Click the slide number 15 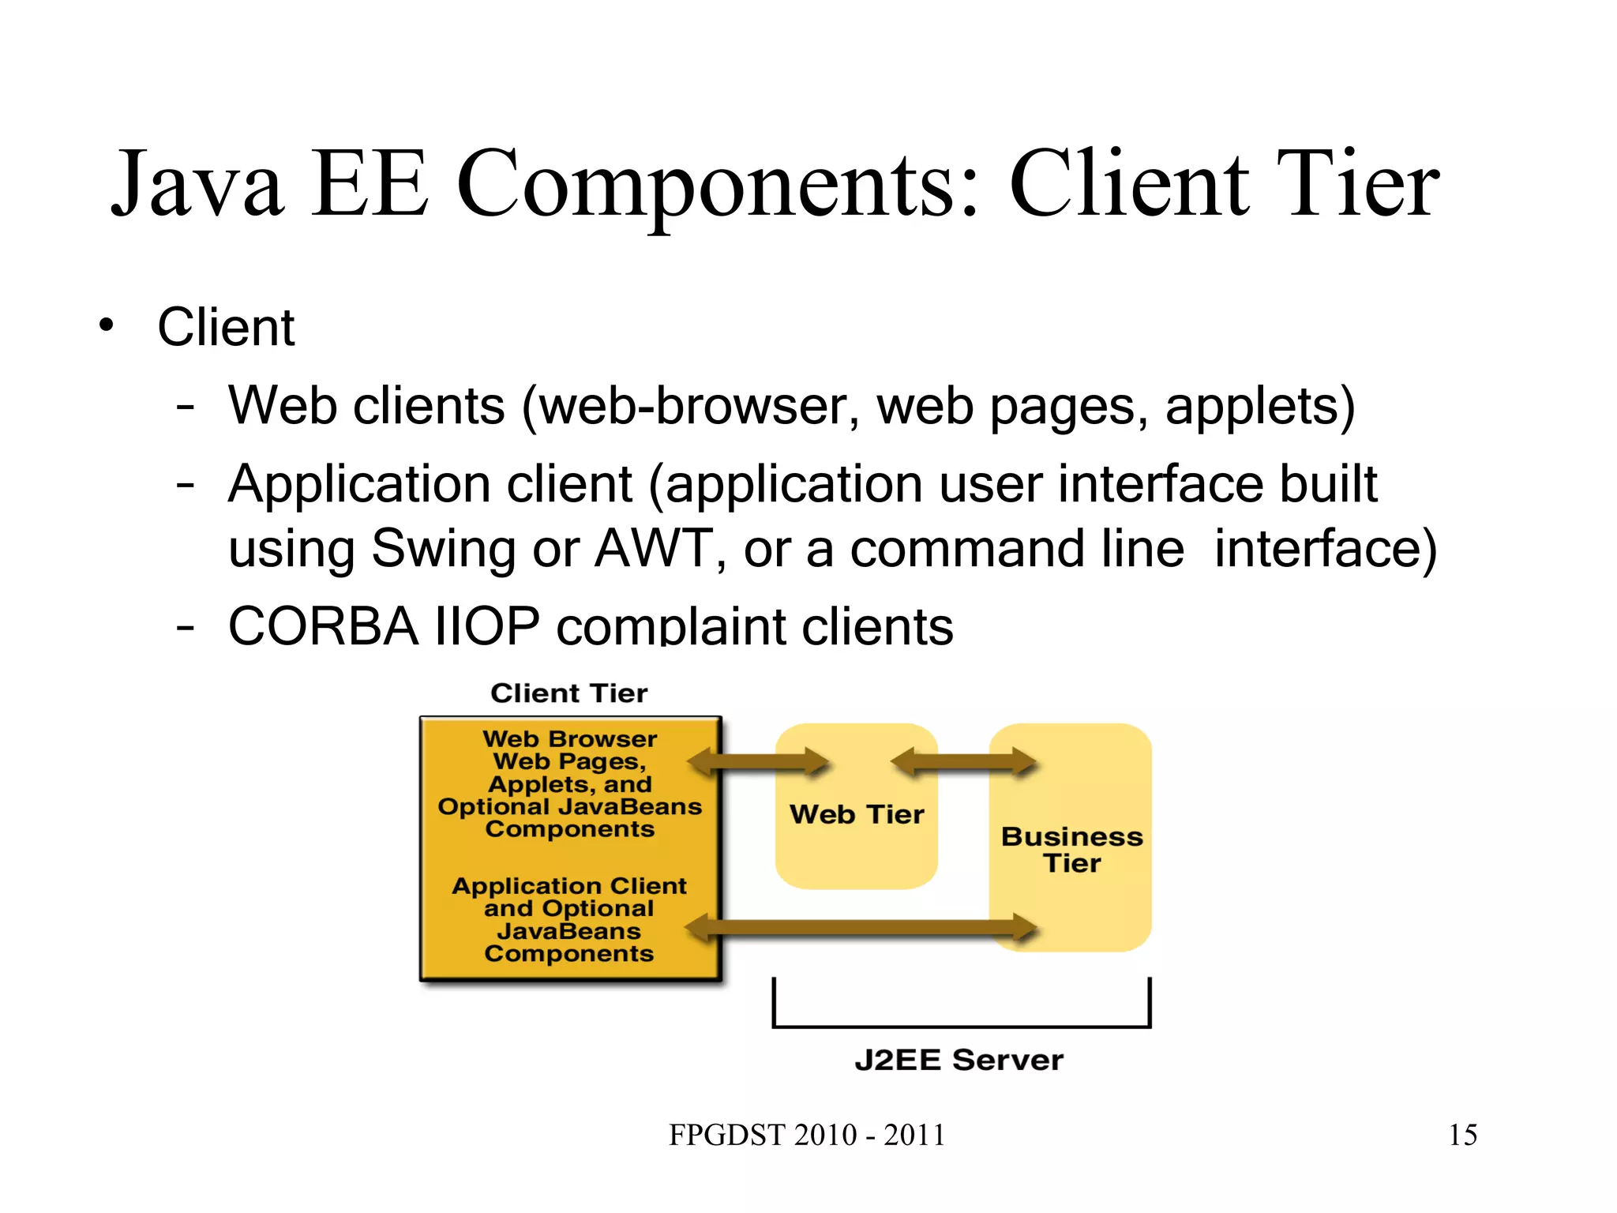tap(1462, 1135)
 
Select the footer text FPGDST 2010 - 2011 tap(807, 1135)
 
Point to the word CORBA tap(323, 626)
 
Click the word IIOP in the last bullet tap(487, 626)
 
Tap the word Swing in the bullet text tap(442, 549)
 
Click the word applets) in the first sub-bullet tap(1260, 407)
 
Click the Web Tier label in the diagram tap(857, 814)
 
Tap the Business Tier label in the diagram tap(1071, 850)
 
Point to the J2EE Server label tap(959, 1060)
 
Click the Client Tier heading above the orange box tap(568, 693)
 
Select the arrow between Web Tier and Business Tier tap(963, 763)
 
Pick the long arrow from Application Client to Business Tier tap(861, 928)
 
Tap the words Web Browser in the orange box tap(569, 739)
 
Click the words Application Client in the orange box tap(569, 886)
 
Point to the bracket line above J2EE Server tap(961, 1026)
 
